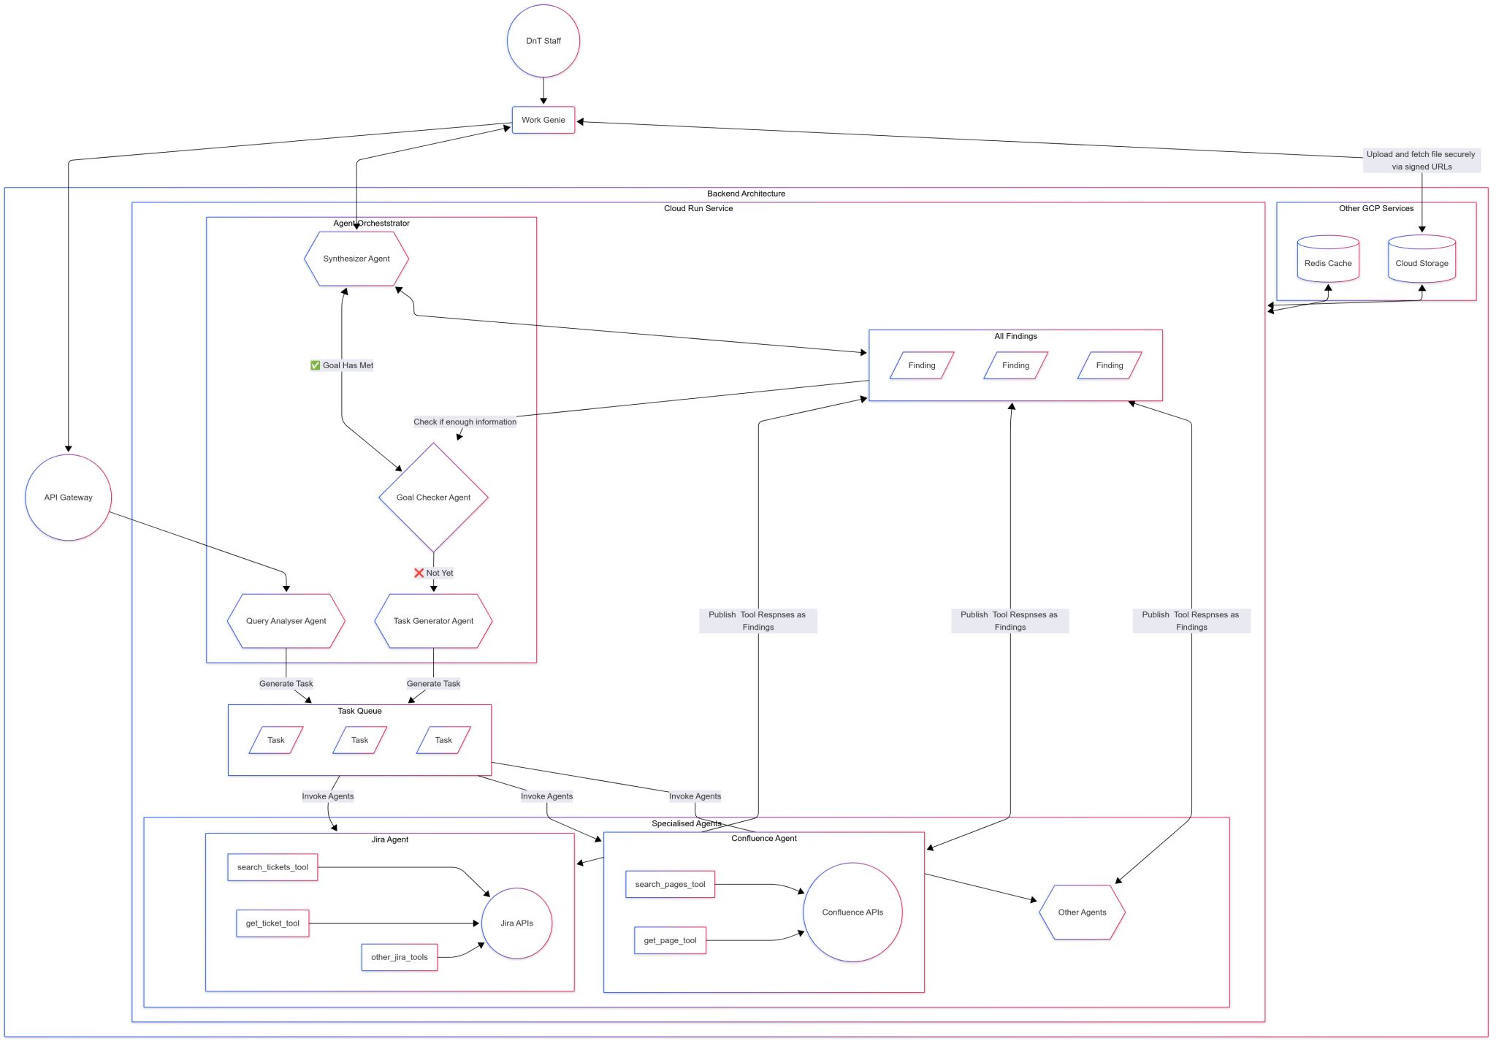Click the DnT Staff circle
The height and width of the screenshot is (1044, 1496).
(x=543, y=41)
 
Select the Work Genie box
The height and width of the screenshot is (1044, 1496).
(x=543, y=120)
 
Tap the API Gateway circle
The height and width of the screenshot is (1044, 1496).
(x=69, y=498)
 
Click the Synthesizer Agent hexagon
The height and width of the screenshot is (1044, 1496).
(x=356, y=259)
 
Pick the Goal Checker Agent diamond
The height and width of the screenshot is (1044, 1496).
(x=433, y=498)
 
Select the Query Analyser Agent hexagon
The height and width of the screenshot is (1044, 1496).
(x=286, y=621)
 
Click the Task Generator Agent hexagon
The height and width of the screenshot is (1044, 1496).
(x=433, y=621)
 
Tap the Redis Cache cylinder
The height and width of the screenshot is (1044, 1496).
(x=1328, y=263)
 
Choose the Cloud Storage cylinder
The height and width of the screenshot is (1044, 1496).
(x=1421, y=263)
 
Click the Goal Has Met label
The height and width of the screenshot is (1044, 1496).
(x=342, y=365)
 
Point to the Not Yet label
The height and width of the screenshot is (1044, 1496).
(x=434, y=573)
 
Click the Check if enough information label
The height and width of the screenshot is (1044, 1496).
(x=465, y=422)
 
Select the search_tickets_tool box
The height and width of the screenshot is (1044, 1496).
(x=272, y=867)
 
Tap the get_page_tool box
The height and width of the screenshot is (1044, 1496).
(x=670, y=940)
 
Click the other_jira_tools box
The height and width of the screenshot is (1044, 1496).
(x=400, y=957)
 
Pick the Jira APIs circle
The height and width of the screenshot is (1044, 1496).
(x=516, y=923)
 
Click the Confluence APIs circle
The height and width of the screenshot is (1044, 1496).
(x=852, y=912)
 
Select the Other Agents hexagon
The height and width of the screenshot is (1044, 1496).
(x=1082, y=912)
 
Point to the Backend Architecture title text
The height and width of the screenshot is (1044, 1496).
(x=746, y=194)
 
